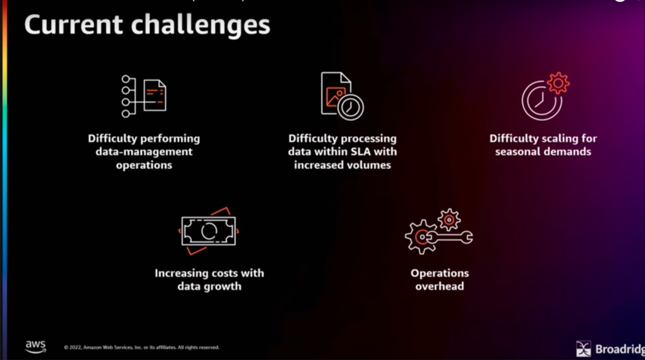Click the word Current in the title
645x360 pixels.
73,25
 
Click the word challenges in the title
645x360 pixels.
201,26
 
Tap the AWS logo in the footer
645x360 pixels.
36,347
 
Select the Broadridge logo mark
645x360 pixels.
584,348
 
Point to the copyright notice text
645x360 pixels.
141,348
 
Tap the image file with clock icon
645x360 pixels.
342,96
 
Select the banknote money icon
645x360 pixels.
208,231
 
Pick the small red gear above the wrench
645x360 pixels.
449,220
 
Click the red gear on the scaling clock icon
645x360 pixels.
559,83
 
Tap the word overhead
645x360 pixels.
440,287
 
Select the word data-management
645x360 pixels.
144,152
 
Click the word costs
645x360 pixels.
220,274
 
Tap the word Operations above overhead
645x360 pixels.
440,274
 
